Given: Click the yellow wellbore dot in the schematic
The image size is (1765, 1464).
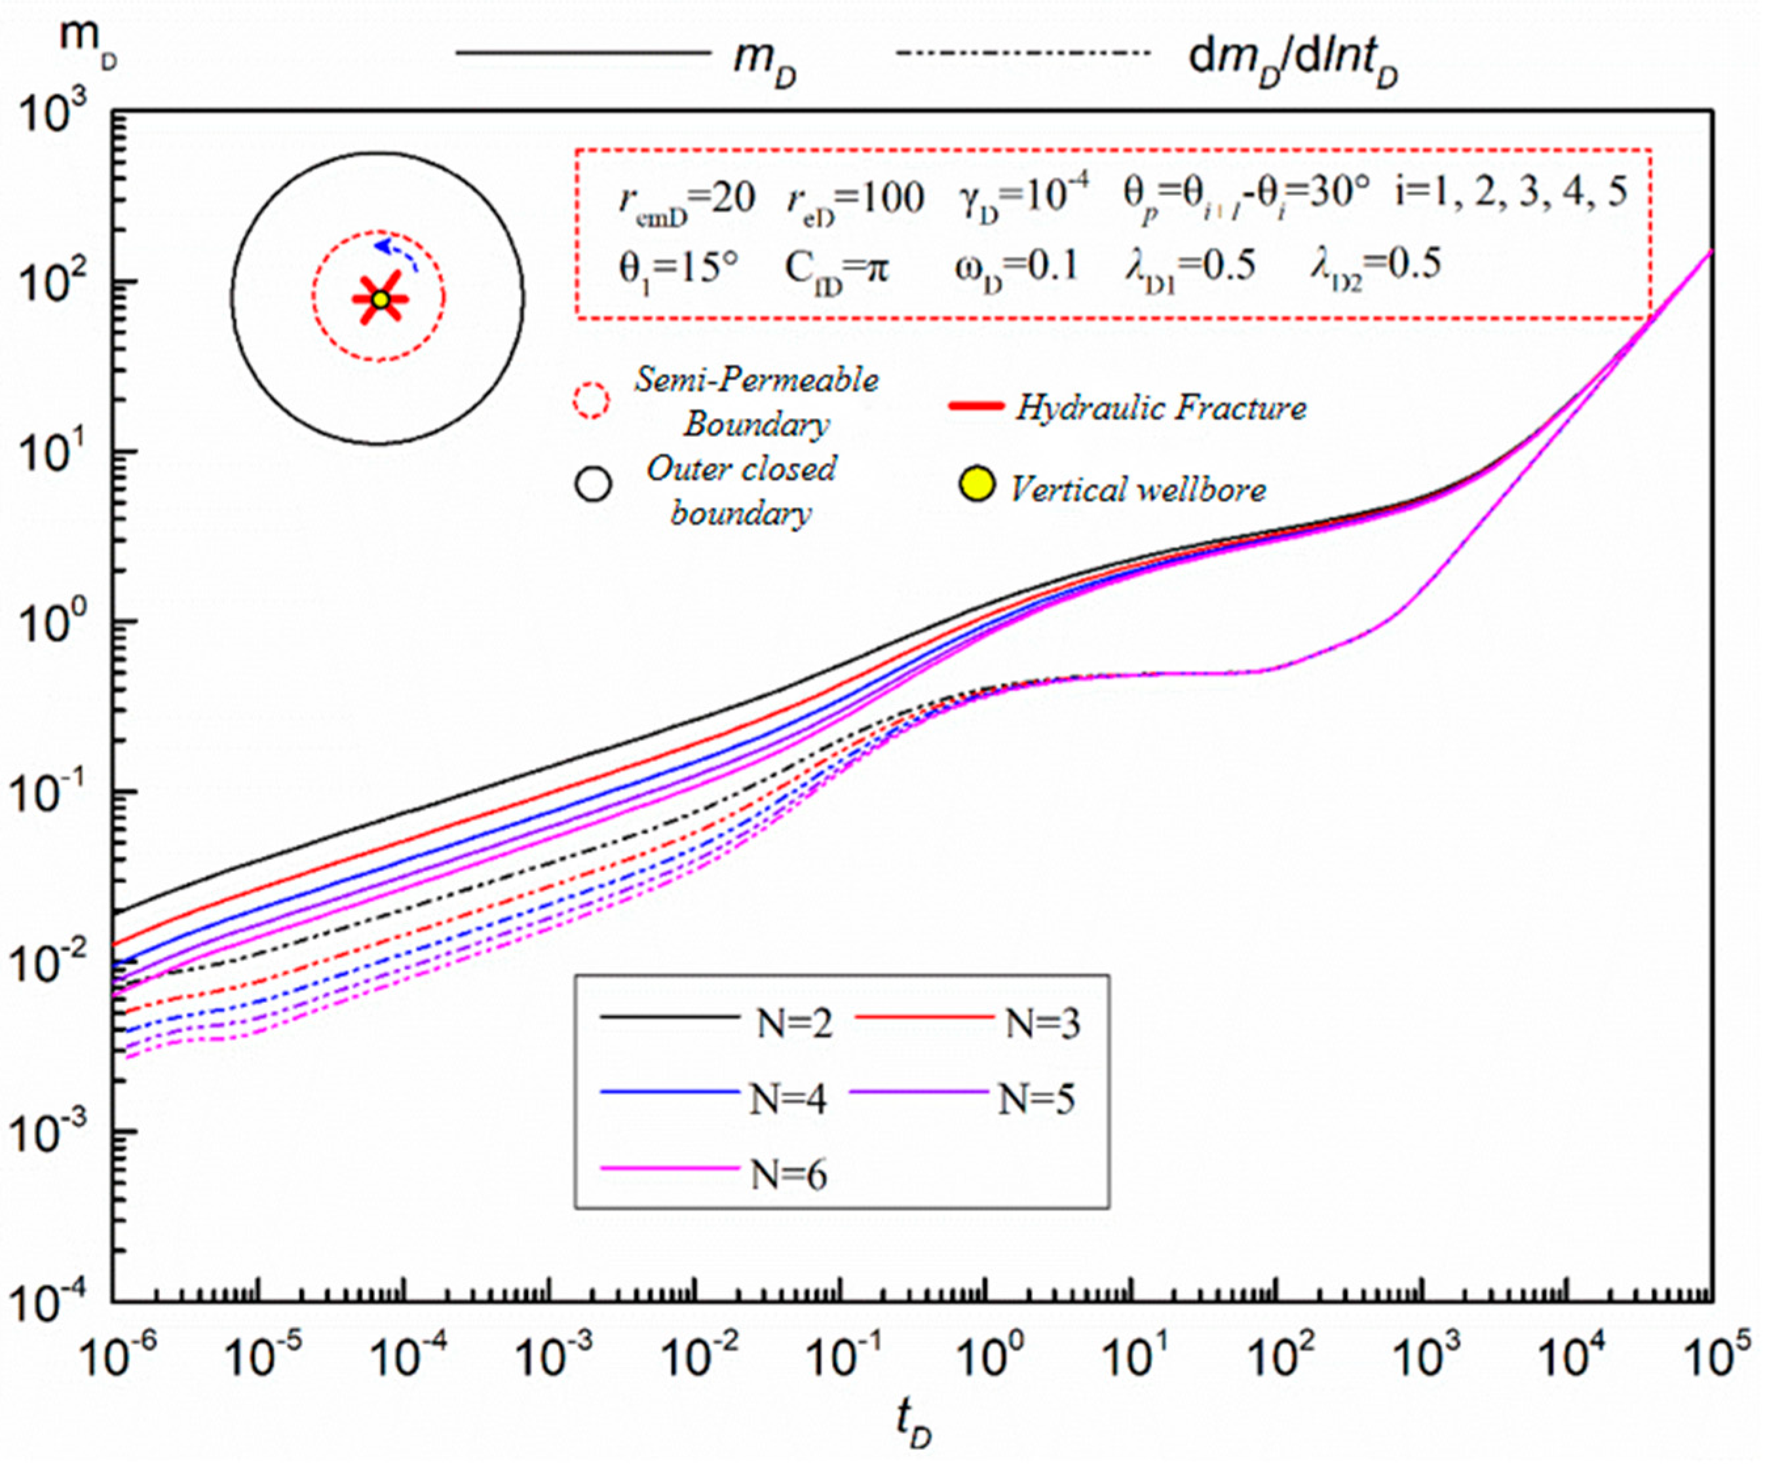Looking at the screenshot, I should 380,299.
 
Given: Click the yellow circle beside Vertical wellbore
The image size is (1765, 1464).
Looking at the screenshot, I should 977,485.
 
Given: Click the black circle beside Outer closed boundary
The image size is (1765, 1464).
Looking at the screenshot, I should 594,484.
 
